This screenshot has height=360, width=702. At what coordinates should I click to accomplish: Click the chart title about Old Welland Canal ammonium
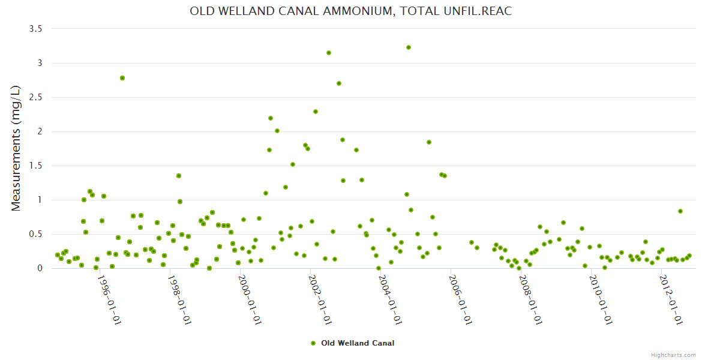tap(350, 11)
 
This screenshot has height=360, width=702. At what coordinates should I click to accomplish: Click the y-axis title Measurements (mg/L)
tap(16, 148)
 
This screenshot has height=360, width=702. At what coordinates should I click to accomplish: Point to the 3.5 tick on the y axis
tap(36, 29)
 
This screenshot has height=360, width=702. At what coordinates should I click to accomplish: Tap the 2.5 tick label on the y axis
tap(36, 97)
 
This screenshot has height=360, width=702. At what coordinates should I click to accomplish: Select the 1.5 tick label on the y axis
tap(36, 166)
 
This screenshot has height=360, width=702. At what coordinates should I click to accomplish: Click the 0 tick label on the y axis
tap(40, 268)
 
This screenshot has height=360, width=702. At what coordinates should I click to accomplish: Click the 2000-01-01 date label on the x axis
tap(250, 300)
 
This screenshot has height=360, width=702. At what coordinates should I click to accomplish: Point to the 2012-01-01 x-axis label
tap(671, 300)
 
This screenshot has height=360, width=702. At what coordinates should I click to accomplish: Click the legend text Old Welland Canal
tap(358, 343)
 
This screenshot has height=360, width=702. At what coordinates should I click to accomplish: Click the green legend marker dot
tap(313, 343)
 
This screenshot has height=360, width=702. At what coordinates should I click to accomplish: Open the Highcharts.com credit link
tap(673, 355)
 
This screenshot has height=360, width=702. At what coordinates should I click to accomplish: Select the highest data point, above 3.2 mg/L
tap(409, 47)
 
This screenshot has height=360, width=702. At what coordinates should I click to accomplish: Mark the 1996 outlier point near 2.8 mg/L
tap(122, 78)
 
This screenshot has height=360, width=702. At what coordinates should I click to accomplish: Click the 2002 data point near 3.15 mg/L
tap(329, 53)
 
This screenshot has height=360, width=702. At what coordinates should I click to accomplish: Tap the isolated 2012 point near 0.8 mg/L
tap(680, 211)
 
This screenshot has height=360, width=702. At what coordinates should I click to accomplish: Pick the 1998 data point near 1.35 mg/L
tap(179, 176)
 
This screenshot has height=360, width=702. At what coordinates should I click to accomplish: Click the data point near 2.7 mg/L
tap(339, 83)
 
